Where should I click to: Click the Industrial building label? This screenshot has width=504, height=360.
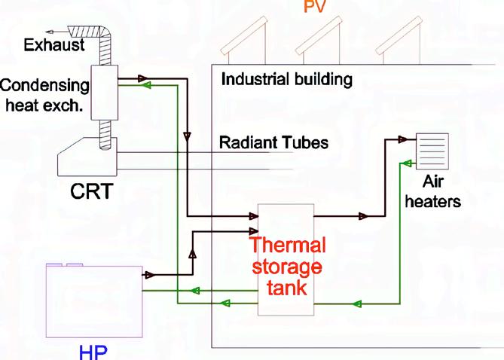click(286, 79)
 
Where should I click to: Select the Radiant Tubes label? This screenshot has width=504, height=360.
click(273, 142)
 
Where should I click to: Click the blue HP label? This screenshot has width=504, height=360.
click(94, 352)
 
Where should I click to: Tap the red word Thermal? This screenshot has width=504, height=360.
click(288, 246)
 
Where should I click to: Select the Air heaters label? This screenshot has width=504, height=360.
click(441, 191)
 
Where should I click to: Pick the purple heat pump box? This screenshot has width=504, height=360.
click(93, 301)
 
